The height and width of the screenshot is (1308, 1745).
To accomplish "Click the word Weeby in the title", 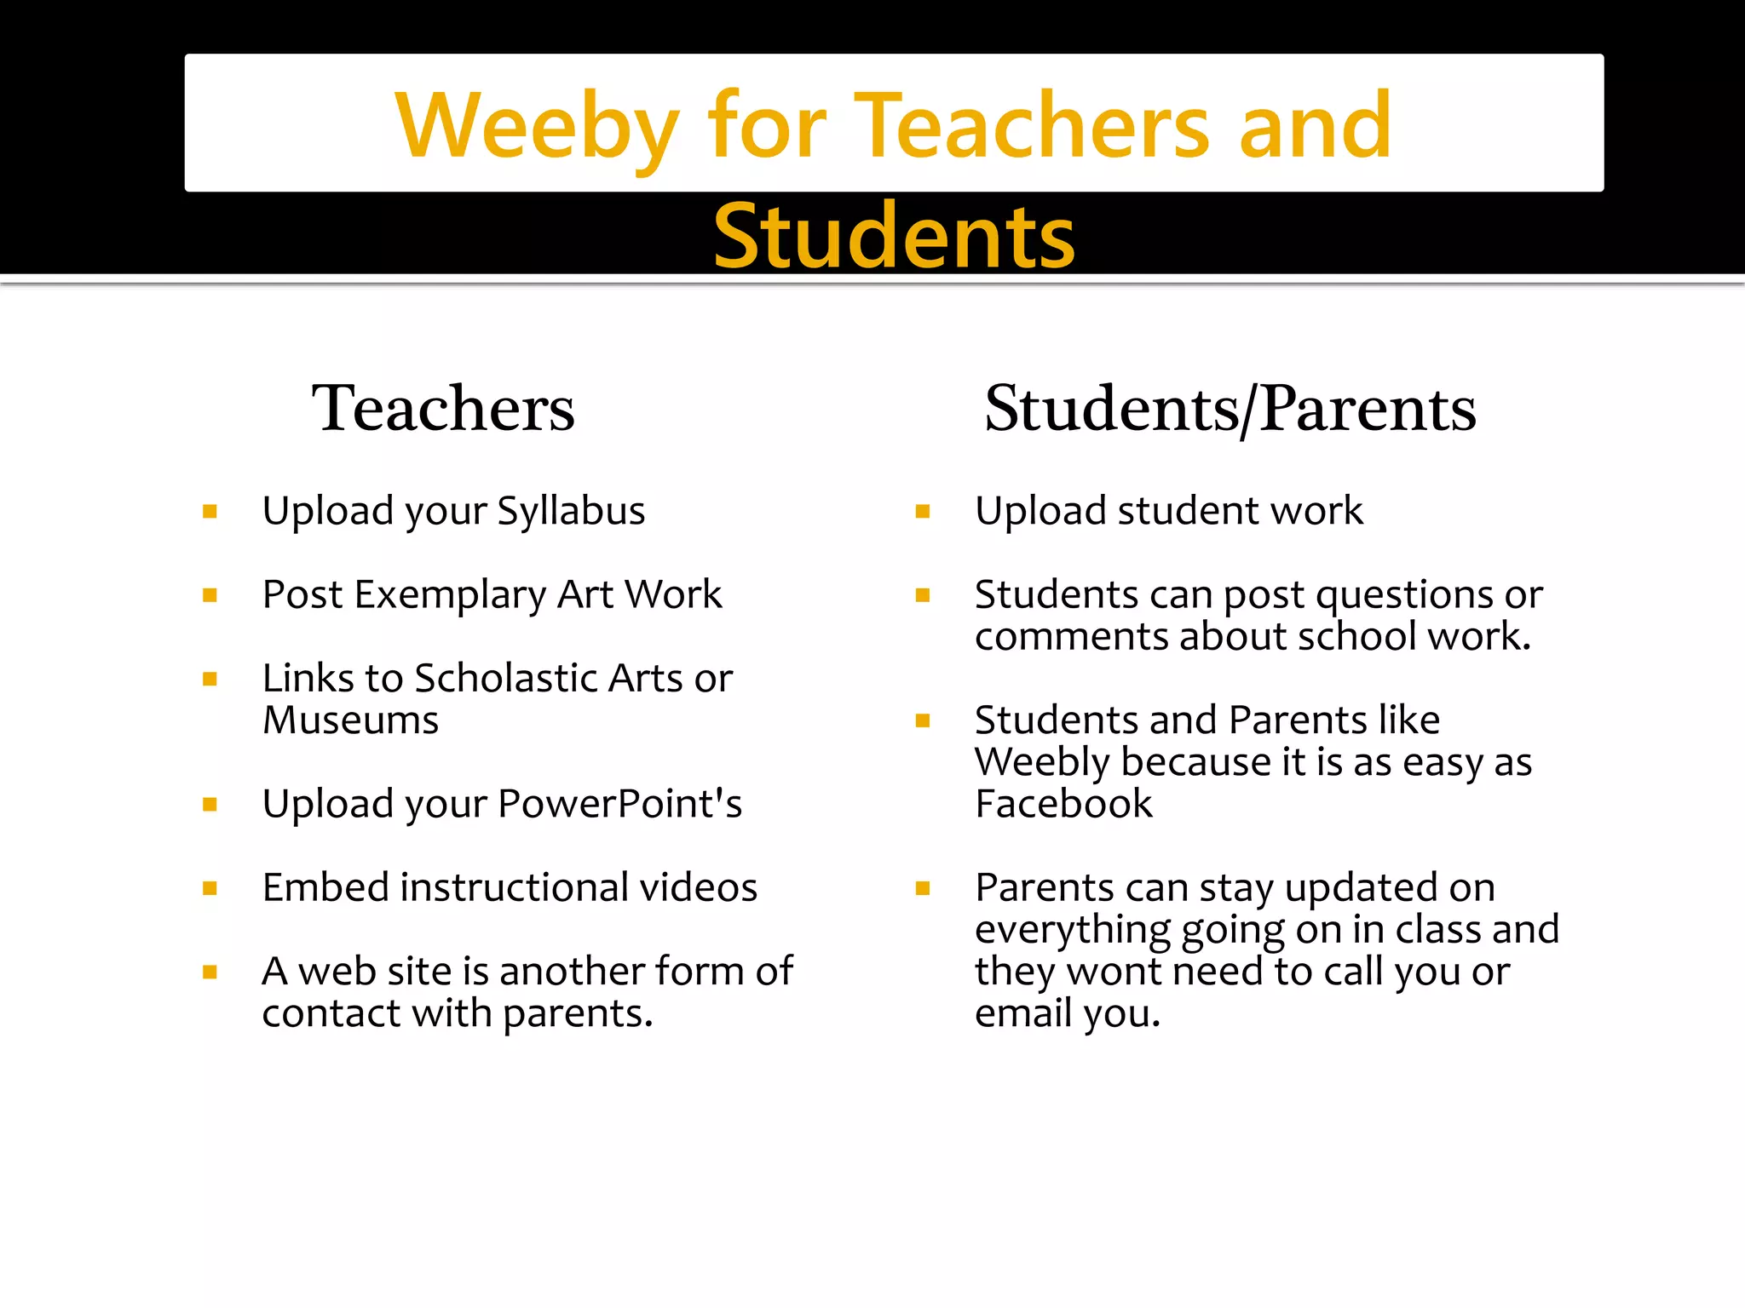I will [537, 126].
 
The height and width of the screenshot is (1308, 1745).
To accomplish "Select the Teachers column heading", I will [443, 409].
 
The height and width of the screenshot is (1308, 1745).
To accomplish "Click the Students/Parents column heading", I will [1230, 409].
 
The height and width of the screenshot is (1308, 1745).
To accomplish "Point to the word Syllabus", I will [571, 512].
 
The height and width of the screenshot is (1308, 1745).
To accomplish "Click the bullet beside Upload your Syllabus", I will [210, 512].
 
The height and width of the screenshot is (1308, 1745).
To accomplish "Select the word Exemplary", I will [450, 595].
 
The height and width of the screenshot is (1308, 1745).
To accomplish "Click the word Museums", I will [350, 720].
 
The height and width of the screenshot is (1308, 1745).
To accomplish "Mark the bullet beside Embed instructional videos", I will [210, 888].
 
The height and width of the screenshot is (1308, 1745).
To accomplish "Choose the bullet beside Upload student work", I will [922, 512].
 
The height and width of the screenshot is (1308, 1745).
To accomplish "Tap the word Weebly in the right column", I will [1041, 762].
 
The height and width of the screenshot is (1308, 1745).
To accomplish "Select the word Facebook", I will [1063, 804].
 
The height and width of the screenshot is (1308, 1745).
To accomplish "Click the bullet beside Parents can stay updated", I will [922, 888].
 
